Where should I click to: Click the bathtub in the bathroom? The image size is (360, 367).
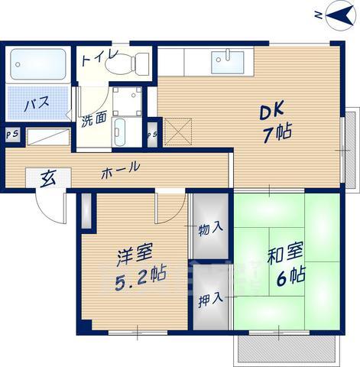coord(39,66)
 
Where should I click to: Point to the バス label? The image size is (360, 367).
coord(31,105)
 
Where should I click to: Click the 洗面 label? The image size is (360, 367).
coord(94,120)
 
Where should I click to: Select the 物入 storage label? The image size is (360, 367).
coord(211,228)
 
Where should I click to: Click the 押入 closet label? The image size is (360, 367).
coord(212,298)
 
